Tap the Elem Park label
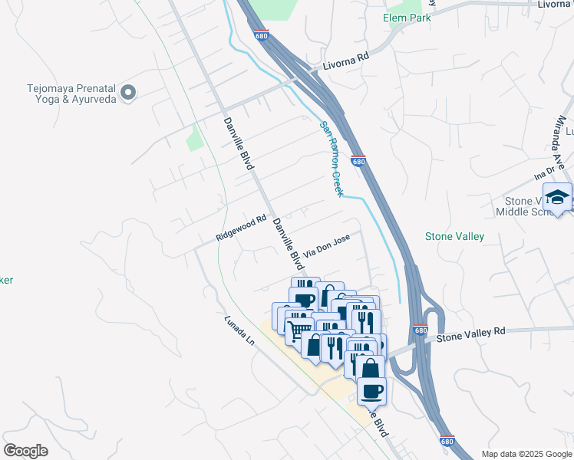(x=407, y=18)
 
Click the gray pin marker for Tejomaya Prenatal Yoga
(x=128, y=93)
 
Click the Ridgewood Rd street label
(x=240, y=228)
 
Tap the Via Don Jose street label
(x=327, y=245)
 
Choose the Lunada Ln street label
(x=239, y=330)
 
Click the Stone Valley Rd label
(x=472, y=333)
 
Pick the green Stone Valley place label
(x=454, y=236)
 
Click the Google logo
(x=25, y=451)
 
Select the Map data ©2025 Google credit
(x=526, y=454)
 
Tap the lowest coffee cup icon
(x=372, y=391)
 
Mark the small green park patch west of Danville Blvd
(x=195, y=139)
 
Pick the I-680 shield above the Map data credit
(x=447, y=441)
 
